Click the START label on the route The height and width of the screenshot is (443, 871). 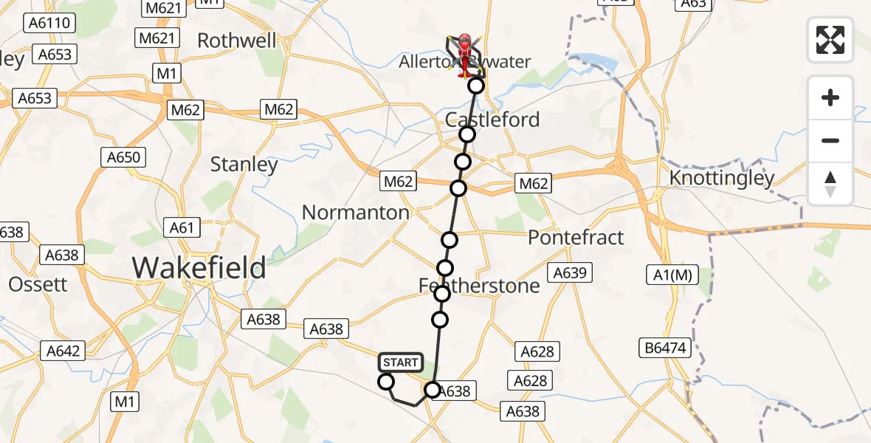coord(401,363)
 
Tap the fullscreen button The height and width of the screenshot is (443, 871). coord(830,40)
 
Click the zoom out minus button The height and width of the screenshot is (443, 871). coord(830,140)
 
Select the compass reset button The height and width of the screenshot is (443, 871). coord(830,184)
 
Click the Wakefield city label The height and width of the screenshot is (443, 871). coord(199,267)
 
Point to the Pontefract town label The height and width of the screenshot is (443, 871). coord(576,238)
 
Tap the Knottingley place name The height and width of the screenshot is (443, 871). coord(721,178)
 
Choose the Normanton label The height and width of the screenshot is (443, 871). coord(355,213)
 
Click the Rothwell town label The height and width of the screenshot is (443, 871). coord(236,40)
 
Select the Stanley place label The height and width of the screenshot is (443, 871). coord(244,164)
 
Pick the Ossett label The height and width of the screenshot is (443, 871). coord(37,284)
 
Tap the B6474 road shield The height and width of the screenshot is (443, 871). coord(663,346)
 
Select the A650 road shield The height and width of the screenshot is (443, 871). coord(124,157)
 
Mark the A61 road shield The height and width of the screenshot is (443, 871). coord(182,227)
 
